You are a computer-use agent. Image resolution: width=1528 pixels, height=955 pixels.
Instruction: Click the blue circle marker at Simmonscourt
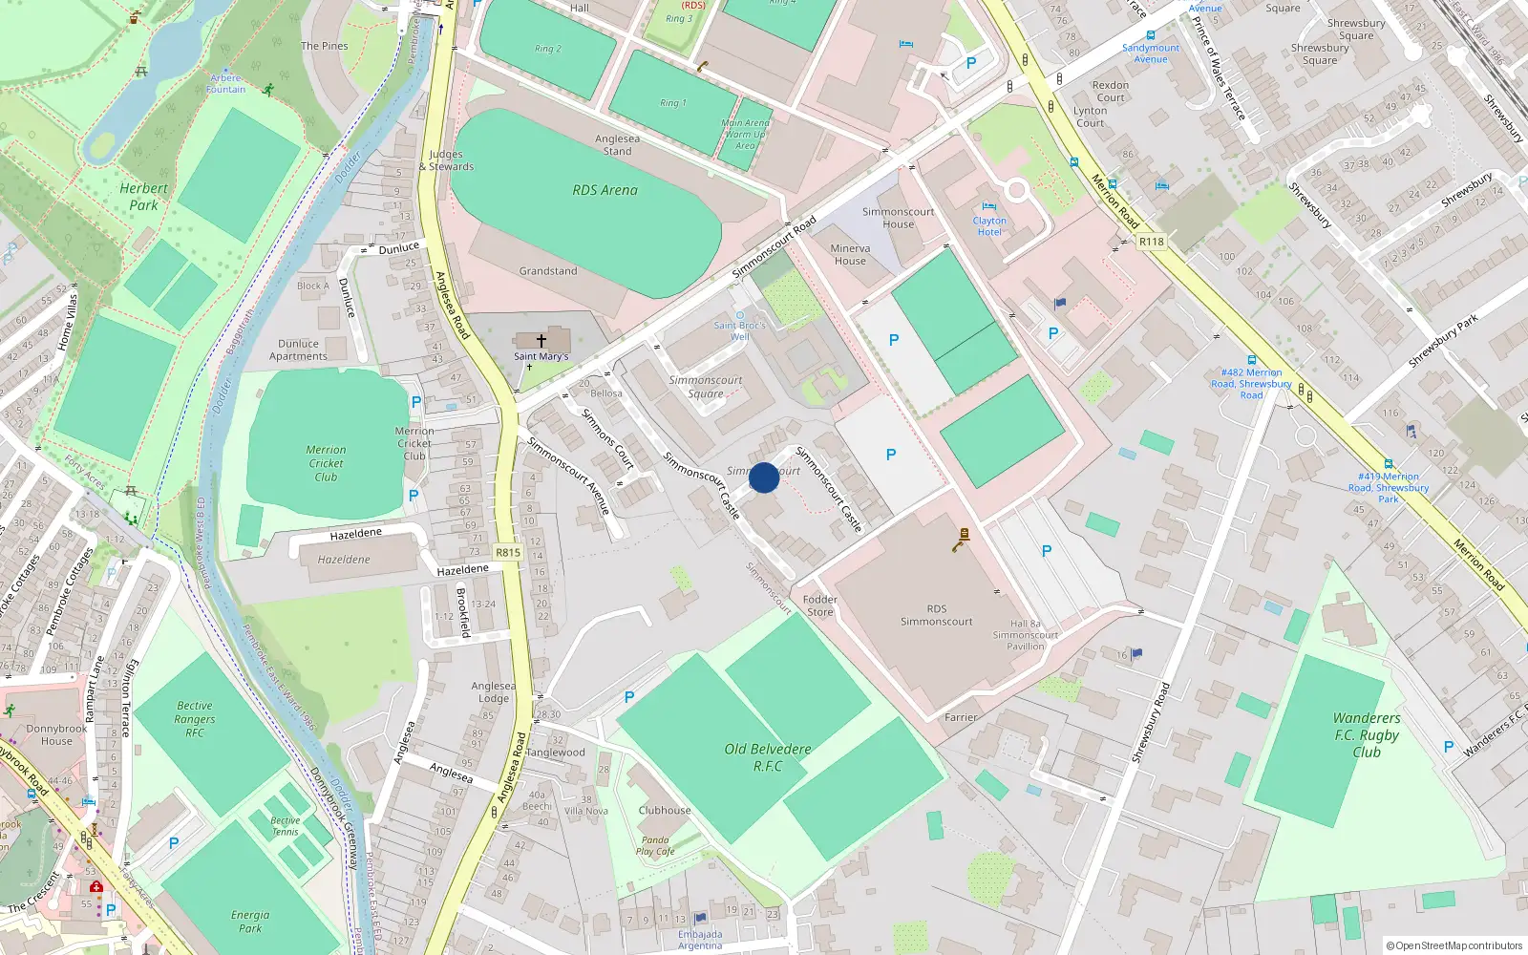764,477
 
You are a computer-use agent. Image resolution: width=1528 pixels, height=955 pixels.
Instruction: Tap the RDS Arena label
605,190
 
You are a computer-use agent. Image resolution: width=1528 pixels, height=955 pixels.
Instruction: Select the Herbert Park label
143,197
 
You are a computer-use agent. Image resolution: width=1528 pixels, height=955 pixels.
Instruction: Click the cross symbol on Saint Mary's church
541,340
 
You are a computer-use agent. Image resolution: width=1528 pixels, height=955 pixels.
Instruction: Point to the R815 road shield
508,552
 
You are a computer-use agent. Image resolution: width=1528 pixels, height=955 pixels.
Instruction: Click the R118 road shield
1152,242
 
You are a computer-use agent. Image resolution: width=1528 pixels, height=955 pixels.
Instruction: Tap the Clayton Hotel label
989,226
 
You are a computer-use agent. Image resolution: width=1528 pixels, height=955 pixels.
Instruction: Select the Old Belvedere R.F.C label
768,757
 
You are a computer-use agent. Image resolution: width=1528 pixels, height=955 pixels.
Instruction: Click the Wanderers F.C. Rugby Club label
1367,734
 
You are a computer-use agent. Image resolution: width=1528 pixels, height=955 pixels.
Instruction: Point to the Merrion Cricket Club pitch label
326,463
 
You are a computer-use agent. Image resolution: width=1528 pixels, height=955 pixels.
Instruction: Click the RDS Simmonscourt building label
936,615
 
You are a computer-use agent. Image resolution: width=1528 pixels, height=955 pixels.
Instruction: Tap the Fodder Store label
819,605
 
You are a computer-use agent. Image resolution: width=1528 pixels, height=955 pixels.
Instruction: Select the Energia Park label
250,921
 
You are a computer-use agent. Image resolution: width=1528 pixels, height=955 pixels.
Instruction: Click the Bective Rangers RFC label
195,719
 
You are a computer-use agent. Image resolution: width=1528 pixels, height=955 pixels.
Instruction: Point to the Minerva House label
850,254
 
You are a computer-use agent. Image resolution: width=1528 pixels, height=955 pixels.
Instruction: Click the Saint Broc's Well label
740,330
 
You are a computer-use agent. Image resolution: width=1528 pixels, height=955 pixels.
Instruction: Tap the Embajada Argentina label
700,940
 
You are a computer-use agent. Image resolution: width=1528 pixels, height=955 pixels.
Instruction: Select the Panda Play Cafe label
655,846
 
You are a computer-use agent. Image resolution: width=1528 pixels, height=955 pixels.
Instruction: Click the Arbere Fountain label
226,83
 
